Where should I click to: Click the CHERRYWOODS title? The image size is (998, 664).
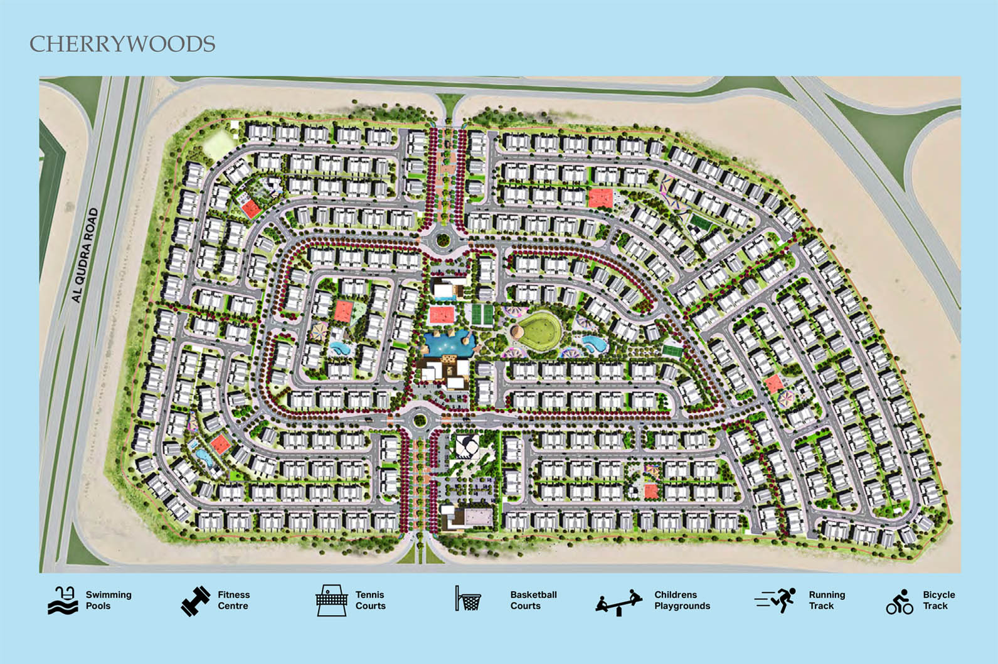click(122, 44)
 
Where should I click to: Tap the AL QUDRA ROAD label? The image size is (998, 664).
click(86, 255)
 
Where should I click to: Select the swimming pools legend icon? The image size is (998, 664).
click(63, 600)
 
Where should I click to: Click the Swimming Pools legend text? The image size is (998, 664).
click(109, 600)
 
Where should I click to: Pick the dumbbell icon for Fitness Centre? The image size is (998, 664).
click(196, 601)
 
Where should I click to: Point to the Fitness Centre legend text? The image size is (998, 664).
click(233, 600)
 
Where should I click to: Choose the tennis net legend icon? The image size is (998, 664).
click(331, 600)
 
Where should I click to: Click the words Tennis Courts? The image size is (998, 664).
click(370, 600)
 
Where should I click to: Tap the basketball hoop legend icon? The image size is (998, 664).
click(467, 599)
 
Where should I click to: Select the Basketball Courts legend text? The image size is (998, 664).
click(533, 600)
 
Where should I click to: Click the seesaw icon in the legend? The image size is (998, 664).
click(619, 603)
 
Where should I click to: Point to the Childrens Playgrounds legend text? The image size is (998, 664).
click(682, 600)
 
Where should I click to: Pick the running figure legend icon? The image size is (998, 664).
click(776, 600)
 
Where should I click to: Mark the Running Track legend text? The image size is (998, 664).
click(826, 600)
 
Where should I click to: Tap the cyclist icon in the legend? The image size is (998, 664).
click(900, 601)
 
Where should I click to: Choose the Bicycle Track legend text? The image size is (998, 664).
click(938, 600)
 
